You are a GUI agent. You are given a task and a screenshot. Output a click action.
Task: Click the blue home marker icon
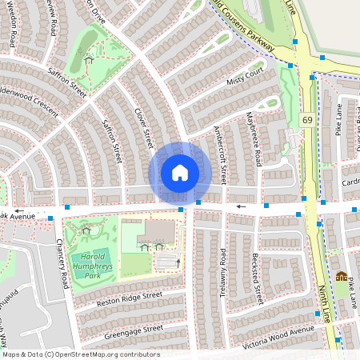point(180,172)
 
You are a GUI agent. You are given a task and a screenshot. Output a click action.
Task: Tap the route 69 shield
point(307,119)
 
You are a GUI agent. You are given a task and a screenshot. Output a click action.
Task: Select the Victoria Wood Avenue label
point(280,335)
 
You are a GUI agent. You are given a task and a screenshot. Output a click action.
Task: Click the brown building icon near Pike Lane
point(342,277)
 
